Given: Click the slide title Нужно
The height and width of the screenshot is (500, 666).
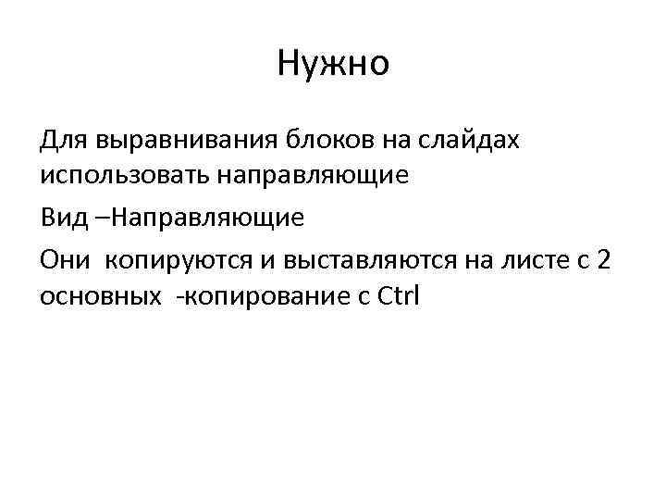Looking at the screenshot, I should [x=333, y=64].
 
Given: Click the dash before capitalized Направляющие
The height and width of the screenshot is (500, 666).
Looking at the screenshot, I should [x=101, y=219].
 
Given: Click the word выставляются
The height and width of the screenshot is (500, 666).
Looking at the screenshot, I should [x=363, y=260].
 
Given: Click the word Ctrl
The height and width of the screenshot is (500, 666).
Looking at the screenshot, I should [x=399, y=298].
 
